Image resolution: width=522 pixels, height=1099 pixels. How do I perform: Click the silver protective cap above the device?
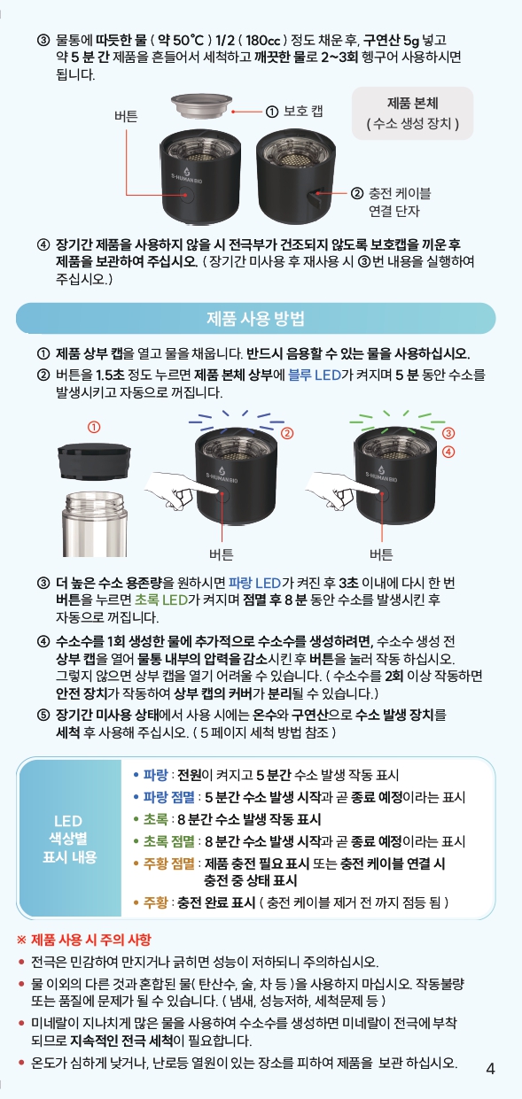pyautogui.click(x=201, y=105)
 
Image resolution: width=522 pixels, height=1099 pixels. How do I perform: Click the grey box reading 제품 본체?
pyautogui.click(x=412, y=113)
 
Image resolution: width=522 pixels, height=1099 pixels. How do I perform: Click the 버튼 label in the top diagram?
pyautogui.click(x=126, y=116)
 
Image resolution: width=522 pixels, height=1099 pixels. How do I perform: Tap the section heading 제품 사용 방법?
pyautogui.click(x=255, y=319)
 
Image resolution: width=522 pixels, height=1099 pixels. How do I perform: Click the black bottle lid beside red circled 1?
pyautogui.click(x=94, y=460)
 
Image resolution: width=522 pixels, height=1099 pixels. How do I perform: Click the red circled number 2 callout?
pyautogui.click(x=287, y=433)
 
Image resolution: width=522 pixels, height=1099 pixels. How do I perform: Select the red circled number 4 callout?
pyautogui.click(x=448, y=452)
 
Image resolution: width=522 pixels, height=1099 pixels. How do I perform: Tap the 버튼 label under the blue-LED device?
pyautogui.click(x=221, y=554)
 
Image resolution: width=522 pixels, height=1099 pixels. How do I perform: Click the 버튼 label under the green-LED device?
pyautogui.click(x=382, y=554)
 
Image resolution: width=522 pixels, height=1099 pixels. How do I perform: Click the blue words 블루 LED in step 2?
pyautogui.click(x=315, y=375)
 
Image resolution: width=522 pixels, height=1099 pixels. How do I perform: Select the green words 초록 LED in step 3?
pyautogui.click(x=161, y=600)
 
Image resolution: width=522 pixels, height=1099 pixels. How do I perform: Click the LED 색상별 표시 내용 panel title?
pyautogui.click(x=69, y=839)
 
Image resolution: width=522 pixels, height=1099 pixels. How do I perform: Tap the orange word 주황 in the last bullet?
pyautogui.click(x=155, y=902)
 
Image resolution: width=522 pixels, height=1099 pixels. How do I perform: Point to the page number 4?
pyautogui.click(x=490, y=1069)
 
